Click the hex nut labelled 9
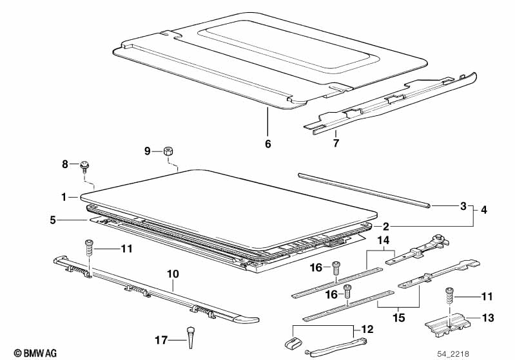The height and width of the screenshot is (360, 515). [168, 151]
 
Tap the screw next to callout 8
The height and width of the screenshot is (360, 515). [84, 167]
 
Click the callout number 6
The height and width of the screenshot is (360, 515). [268, 144]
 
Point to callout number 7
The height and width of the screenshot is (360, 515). [336, 143]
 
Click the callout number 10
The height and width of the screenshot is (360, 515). [173, 274]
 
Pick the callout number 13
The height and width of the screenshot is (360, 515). [489, 317]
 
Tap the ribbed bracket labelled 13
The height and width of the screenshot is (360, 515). [448, 325]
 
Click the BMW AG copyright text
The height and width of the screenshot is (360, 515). [35, 353]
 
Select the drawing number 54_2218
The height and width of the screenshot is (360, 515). [452, 354]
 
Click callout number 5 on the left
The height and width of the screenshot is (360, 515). [53, 220]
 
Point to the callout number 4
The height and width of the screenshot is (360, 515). [484, 209]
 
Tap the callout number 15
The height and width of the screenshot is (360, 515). [399, 317]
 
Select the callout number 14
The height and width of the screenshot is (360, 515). [384, 240]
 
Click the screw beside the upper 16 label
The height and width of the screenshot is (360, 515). [336, 268]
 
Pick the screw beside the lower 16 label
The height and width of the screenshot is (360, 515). [347, 291]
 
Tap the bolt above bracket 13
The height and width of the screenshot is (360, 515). [449, 296]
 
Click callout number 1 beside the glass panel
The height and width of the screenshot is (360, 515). [64, 197]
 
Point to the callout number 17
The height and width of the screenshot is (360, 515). [161, 340]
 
